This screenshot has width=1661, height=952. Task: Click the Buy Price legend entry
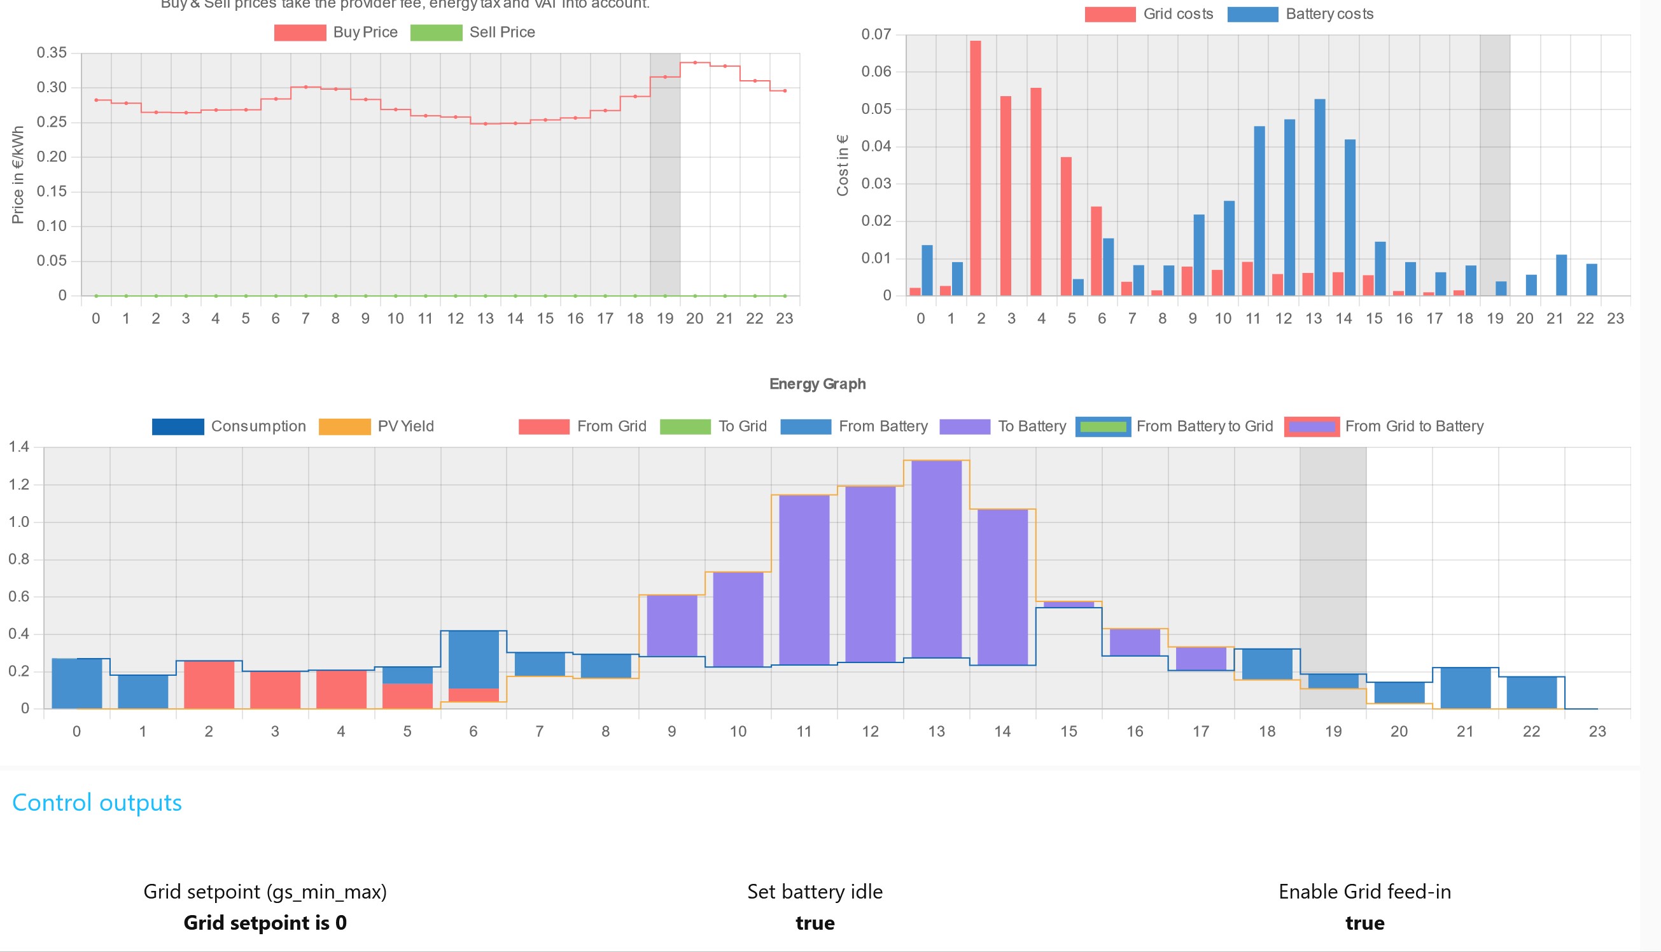click(336, 32)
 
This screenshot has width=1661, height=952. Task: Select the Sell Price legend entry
click(473, 32)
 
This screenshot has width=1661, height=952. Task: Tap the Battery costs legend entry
click(1300, 14)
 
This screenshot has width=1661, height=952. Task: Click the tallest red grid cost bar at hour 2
click(976, 168)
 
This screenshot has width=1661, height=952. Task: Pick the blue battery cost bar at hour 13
click(1320, 197)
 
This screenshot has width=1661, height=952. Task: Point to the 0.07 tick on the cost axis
click(876, 34)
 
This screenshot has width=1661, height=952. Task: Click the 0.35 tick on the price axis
click(52, 52)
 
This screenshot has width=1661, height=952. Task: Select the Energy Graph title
click(817, 384)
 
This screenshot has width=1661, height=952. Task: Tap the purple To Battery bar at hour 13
click(936, 559)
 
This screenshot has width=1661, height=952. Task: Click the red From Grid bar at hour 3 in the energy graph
click(274, 690)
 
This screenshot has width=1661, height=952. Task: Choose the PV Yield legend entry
click(376, 426)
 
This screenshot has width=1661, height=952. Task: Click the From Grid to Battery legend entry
click(1384, 426)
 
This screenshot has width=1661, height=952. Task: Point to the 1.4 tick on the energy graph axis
click(18, 447)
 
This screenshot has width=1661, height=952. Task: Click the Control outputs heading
click(97, 802)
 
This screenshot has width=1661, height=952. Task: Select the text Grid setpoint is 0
click(265, 923)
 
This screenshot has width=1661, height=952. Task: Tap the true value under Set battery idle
click(815, 923)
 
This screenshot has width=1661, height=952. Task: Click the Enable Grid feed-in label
click(1364, 891)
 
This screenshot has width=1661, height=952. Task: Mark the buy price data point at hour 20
click(695, 63)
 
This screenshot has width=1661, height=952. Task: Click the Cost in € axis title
click(842, 165)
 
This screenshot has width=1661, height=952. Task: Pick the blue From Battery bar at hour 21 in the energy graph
click(1465, 688)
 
